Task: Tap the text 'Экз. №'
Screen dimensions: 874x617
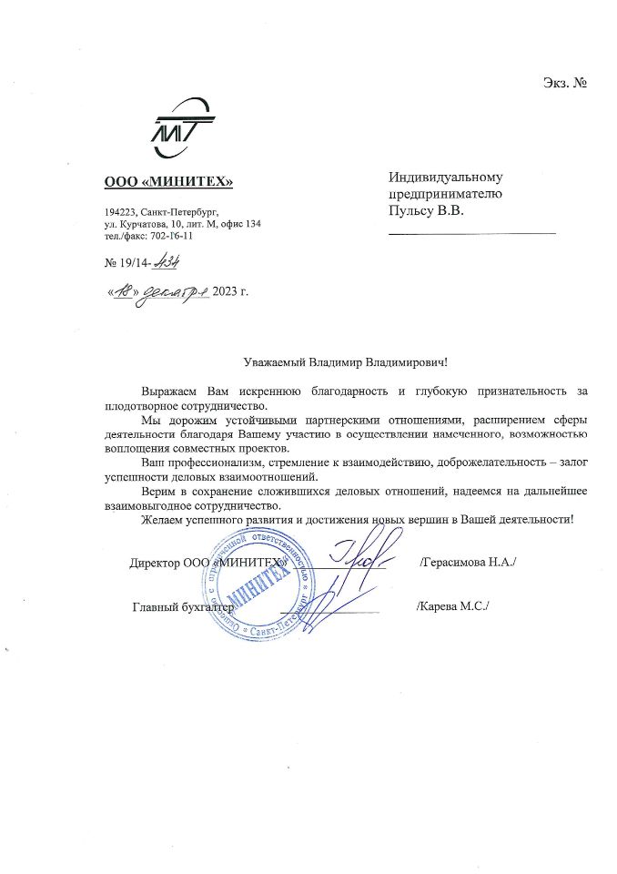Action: click(563, 84)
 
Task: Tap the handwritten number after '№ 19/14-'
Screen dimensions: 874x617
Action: click(166, 262)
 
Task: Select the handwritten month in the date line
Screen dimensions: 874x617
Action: click(175, 291)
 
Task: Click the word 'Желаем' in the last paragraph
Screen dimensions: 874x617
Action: click(161, 519)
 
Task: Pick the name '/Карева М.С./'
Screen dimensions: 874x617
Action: click(451, 605)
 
